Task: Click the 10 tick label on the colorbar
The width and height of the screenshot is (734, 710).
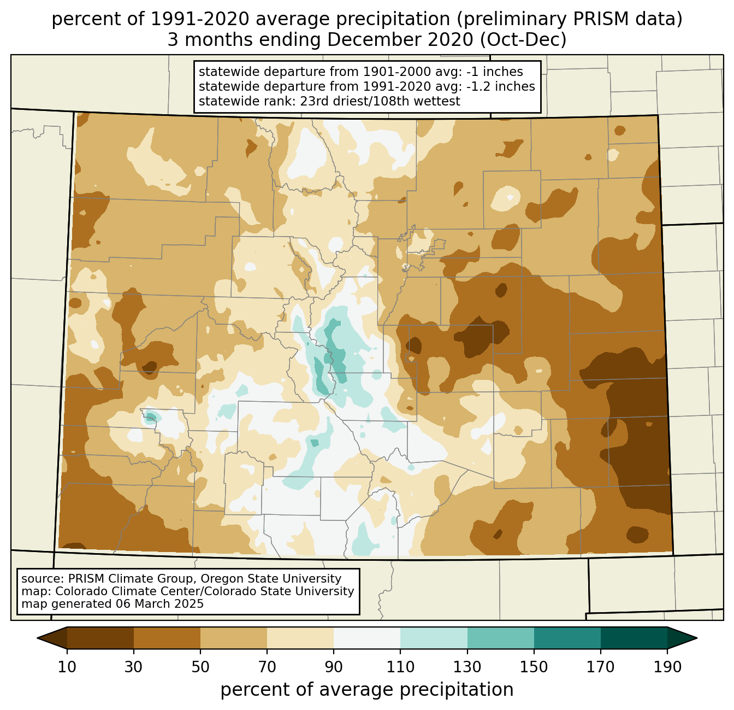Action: point(67,667)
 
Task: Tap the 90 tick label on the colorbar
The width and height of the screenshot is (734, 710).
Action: point(334,667)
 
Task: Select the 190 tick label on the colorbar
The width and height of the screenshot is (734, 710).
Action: point(667,667)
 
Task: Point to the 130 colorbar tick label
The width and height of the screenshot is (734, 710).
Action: point(467,667)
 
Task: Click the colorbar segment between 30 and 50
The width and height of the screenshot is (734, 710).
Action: point(167,638)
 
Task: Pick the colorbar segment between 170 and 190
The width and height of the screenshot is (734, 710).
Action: point(634,638)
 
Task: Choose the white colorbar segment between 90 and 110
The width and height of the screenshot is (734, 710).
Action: point(367,638)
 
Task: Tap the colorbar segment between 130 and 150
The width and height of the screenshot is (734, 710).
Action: point(501,638)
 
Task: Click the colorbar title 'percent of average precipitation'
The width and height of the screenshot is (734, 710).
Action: point(367,690)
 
